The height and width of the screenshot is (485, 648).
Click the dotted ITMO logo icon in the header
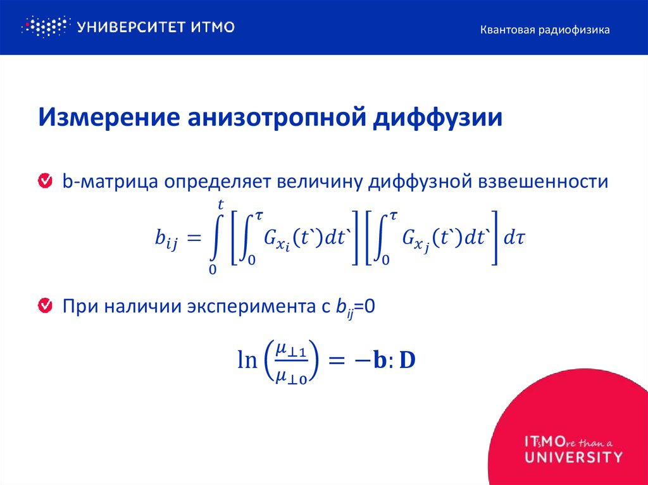tap(44, 27)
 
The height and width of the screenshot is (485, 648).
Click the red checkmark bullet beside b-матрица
tap(46, 181)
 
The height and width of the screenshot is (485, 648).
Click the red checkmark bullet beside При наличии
tap(46, 307)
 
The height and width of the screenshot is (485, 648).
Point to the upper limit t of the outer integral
tap(220, 204)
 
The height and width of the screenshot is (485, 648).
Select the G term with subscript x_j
tap(411, 239)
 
